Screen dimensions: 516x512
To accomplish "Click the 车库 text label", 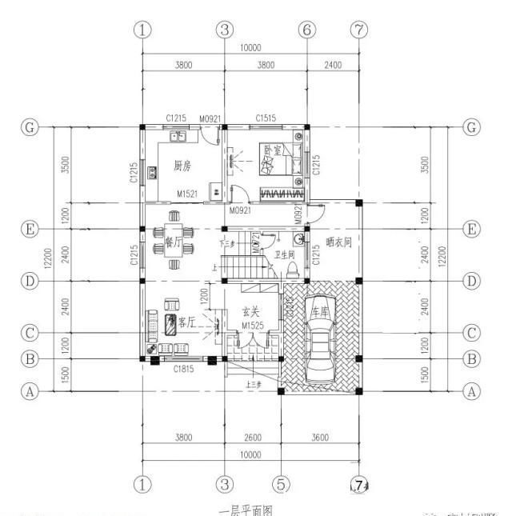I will (x=318, y=310).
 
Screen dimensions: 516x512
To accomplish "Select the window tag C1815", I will (x=186, y=369).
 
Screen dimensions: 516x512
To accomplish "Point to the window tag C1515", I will (x=266, y=118).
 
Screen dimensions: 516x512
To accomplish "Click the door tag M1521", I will (x=188, y=194).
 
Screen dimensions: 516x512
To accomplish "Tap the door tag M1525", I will (x=253, y=326).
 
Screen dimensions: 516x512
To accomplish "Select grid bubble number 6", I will (x=306, y=30).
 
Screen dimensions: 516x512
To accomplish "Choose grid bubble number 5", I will (x=281, y=484).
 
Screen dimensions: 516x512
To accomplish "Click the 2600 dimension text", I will (x=251, y=438).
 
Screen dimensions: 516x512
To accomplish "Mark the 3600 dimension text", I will (x=319, y=438).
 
